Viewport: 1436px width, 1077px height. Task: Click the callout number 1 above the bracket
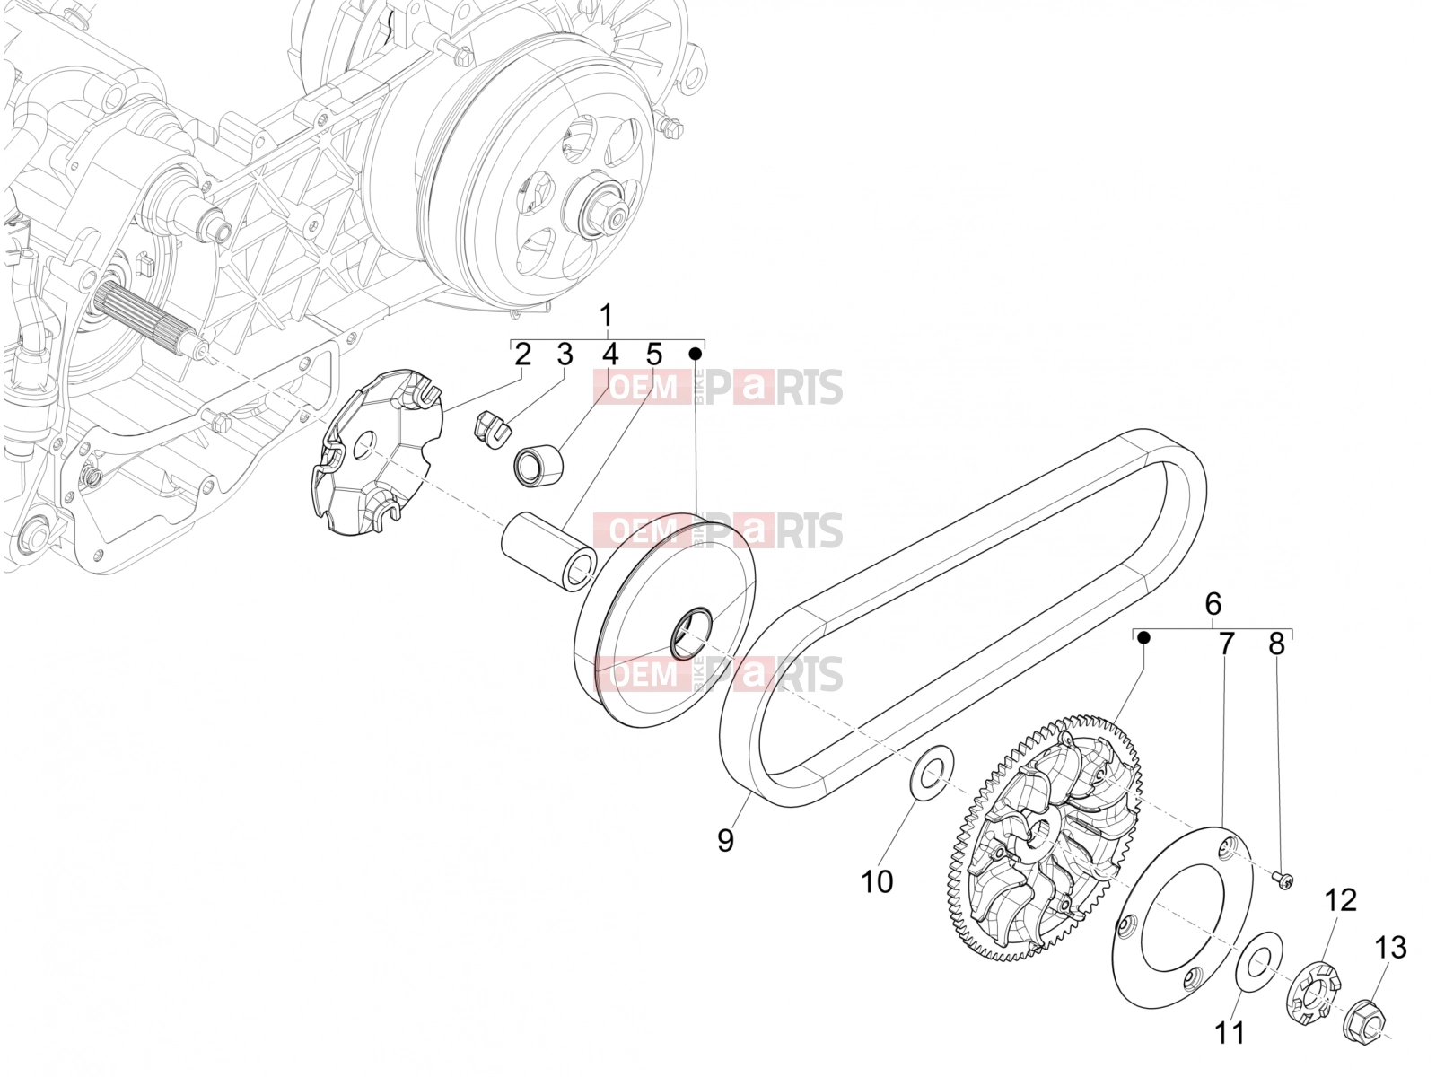tap(607, 316)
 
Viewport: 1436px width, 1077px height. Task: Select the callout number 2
tap(522, 355)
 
